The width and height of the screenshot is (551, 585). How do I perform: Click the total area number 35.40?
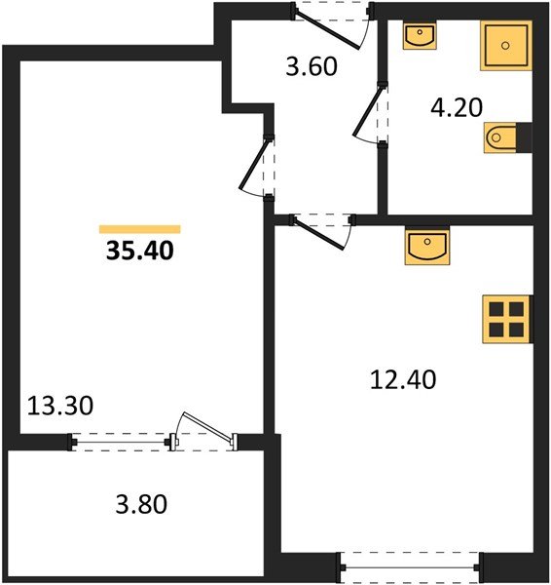[139, 253]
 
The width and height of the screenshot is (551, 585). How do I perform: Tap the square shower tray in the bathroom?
[504, 45]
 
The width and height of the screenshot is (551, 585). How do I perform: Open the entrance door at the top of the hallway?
[333, 14]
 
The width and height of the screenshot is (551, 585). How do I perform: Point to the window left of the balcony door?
[122, 442]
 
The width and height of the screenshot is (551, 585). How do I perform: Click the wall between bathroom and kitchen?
[458, 219]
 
